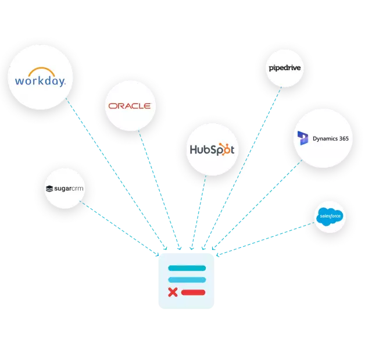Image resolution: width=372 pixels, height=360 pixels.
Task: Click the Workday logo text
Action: click(40, 80)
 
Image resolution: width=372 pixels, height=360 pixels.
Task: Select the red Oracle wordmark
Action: click(129, 106)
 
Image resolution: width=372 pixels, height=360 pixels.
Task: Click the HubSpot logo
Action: click(212, 149)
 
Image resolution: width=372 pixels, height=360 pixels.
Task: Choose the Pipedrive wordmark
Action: click(284, 69)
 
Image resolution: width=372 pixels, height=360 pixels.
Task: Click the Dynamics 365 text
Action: click(331, 138)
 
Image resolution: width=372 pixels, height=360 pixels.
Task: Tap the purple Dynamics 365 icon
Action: click(303, 138)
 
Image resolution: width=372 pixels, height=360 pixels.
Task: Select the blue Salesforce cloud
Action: click(329, 217)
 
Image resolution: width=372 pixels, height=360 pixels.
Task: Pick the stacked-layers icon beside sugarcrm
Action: click(49, 188)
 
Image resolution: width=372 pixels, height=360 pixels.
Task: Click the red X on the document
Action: click(173, 292)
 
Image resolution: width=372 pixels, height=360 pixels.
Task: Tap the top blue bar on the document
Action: click(187, 268)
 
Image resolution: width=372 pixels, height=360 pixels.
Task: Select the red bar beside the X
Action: click(193, 292)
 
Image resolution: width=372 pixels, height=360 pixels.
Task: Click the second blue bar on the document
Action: click(187, 280)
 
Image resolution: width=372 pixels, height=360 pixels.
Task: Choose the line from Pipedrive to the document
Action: click(244, 169)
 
